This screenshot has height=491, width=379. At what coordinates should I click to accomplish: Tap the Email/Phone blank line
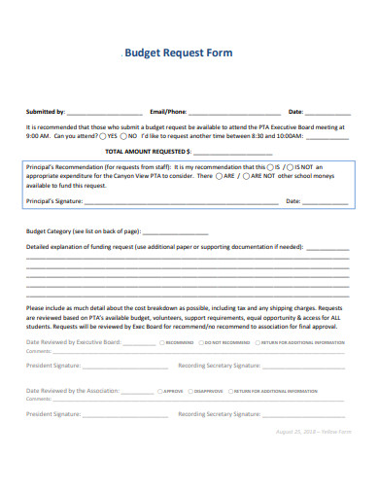(235, 113)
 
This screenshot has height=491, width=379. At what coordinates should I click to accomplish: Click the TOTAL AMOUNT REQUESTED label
(146, 152)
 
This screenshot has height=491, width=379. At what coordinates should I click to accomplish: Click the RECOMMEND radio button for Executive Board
(161, 343)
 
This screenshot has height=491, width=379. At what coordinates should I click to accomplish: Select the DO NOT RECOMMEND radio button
(199, 343)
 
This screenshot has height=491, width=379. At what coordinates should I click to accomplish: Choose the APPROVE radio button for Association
(159, 390)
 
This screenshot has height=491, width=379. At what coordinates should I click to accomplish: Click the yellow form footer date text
(316, 431)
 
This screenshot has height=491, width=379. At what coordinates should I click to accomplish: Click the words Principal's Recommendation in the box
(64, 167)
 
